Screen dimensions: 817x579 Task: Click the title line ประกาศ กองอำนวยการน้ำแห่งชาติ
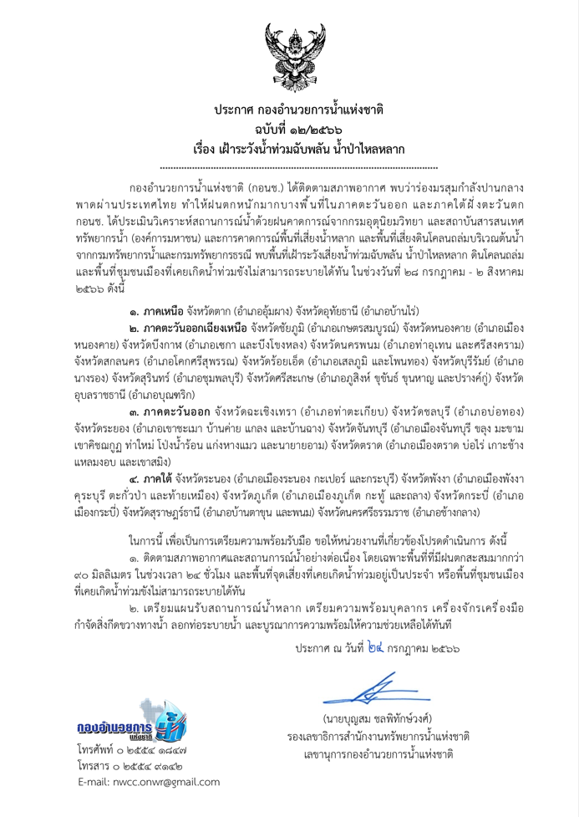[x=289, y=110]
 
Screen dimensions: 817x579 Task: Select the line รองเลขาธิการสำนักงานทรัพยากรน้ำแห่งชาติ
[x=389, y=739]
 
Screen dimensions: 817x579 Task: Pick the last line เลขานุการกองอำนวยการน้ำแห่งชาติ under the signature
[x=389, y=759]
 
